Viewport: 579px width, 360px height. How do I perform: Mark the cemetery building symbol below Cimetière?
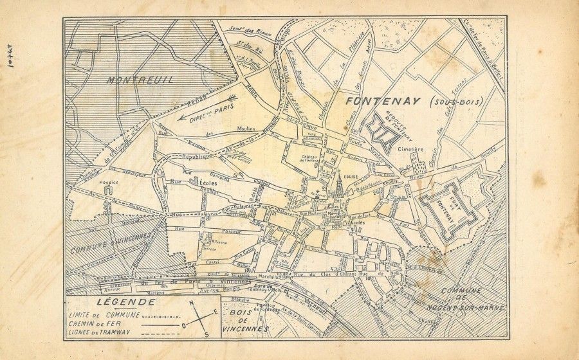pos(418,166)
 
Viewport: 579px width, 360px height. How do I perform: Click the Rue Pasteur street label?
pos(219,230)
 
